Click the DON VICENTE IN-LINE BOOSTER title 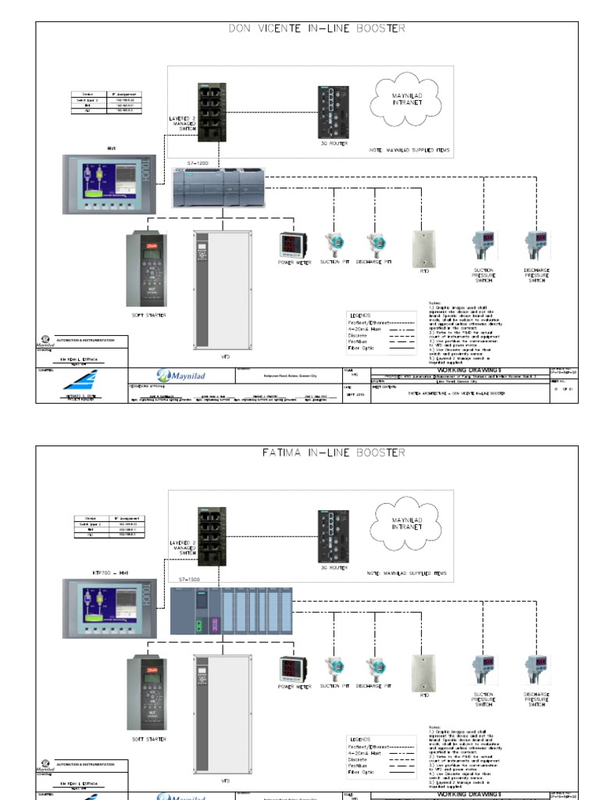click(x=316, y=29)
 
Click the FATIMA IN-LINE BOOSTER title click(x=316, y=453)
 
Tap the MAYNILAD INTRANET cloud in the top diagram click(x=406, y=99)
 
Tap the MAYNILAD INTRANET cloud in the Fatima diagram click(x=406, y=523)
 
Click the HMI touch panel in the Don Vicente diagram click(x=110, y=184)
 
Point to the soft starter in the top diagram click(x=146, y=269)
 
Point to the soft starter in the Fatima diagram click(x=146, y=693)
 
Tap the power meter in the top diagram click(x=294, y=245)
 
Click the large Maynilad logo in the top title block click(x=179, y=374)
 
